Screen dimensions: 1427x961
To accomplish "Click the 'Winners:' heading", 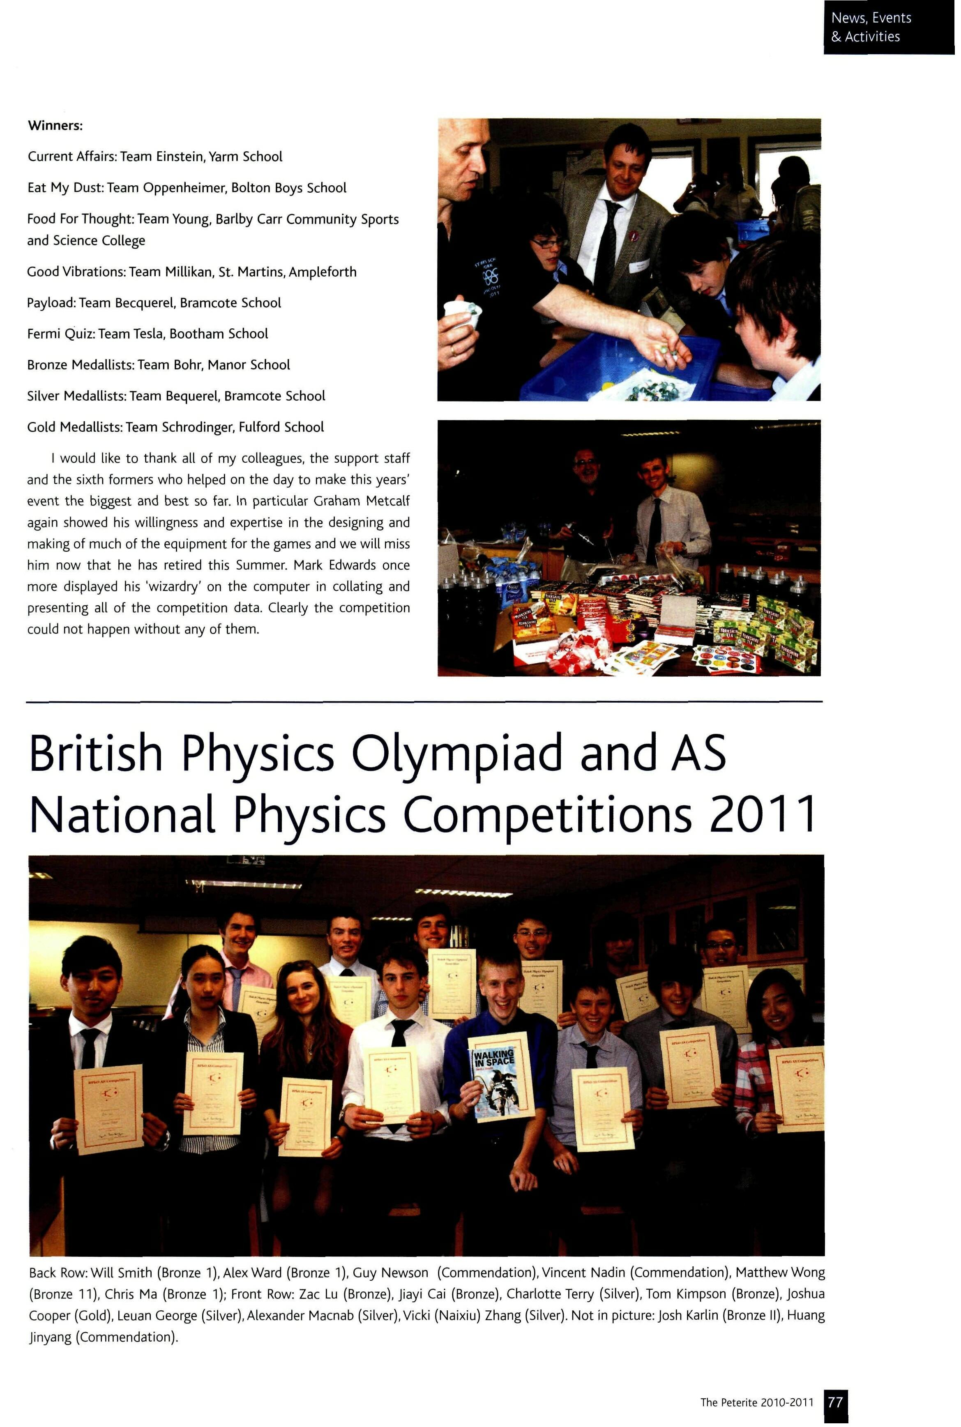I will point(55,126).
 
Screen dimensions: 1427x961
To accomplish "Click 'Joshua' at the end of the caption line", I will point(805,1294).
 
